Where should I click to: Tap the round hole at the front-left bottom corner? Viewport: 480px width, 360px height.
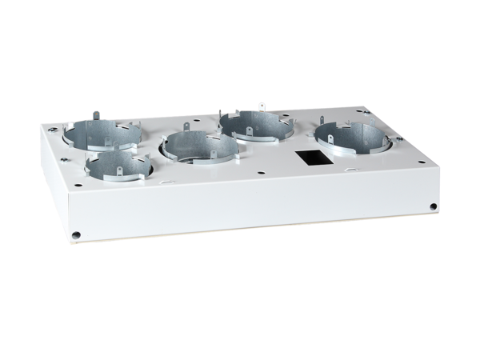tap(75, 235)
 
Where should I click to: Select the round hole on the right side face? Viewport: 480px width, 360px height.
tap(433, 206)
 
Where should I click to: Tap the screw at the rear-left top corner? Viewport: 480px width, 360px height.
tap(54, 127)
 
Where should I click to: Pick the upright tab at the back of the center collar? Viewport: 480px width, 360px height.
tap(186, 126)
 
